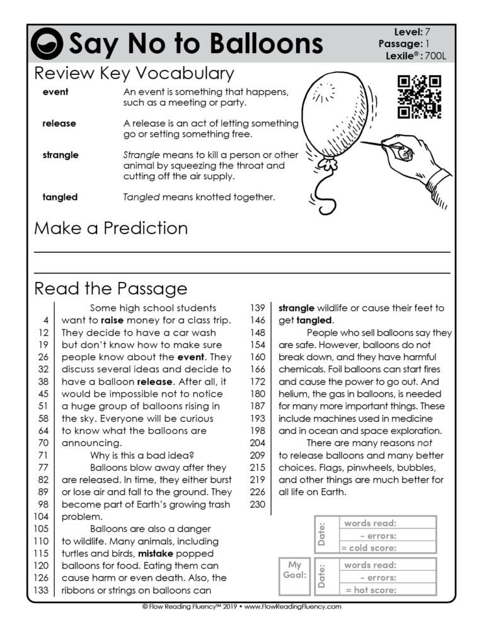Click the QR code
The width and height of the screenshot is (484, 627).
[418, 97]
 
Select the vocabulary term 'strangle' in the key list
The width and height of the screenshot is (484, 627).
[60, 155]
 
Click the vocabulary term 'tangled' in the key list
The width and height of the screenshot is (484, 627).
[60, 197]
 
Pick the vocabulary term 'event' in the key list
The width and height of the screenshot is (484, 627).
[55, 92]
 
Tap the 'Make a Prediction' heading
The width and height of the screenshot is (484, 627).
[111, 228]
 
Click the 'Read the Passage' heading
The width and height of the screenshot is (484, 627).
[111, 289]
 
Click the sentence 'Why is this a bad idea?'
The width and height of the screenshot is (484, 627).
[137, 455]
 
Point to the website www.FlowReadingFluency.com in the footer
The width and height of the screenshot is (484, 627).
[292, 607]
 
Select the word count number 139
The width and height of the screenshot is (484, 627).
[257, 308]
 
